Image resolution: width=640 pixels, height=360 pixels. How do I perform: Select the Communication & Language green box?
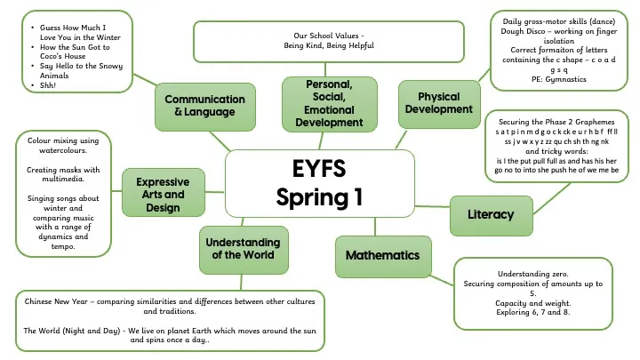(204, 106)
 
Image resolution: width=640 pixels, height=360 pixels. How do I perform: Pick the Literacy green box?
(490, 214)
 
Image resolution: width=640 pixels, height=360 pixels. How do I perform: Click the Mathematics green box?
(382, 255)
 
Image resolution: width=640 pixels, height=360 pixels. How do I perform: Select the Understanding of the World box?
(243, 248)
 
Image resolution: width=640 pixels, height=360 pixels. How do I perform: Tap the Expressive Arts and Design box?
(163, 194)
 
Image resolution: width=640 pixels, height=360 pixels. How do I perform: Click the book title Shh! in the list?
(48, 85)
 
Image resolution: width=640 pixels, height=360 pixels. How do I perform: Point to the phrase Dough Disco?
(519, 32)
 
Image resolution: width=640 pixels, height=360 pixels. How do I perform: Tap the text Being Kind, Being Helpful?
(328, 45)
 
